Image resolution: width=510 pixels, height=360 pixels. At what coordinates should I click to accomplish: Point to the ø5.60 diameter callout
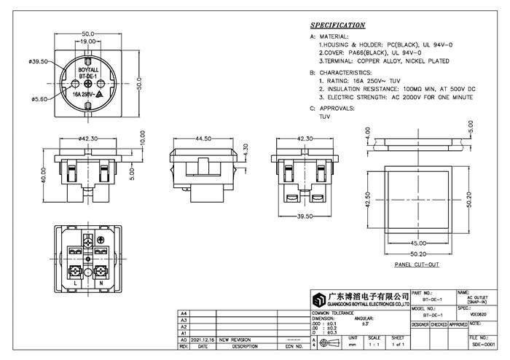tap(39, 99)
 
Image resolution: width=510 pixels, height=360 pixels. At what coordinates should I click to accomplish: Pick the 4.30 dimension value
tap(245, 154)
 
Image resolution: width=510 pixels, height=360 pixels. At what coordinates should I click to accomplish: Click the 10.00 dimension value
tap(143, 137)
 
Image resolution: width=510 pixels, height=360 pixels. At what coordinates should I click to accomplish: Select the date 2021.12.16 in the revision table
tap(203, 340)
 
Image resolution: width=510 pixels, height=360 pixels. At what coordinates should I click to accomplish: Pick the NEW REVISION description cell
tap(235, 340)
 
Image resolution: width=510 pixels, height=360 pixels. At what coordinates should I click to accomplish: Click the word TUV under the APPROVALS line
tap(324, 117)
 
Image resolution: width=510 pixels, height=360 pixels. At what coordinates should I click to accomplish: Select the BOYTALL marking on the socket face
tap(87, 69)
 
